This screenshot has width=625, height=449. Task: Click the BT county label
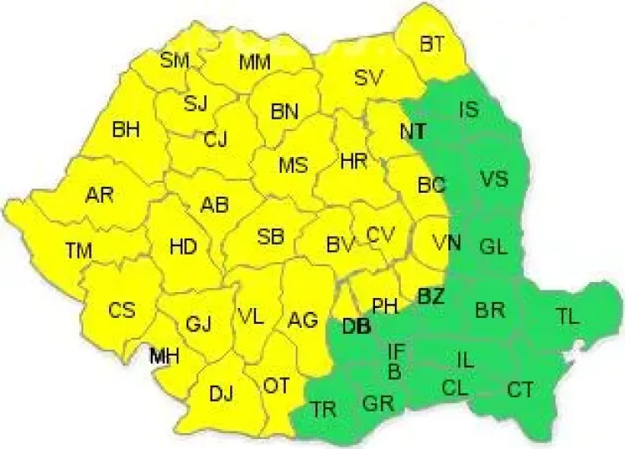point(432,45)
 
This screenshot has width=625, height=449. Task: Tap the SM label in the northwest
point(175,59)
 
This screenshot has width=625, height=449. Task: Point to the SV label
point(367,78)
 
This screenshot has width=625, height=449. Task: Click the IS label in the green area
point(469,109)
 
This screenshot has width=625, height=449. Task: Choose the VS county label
point(493,179)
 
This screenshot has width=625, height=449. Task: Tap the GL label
point(492,246)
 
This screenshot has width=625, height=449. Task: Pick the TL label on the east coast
point(567,315)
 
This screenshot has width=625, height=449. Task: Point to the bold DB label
point(356,325)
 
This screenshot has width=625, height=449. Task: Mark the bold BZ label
point(431,295)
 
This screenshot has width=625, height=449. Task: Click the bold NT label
point(412,132)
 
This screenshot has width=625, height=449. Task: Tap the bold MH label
point(163,356)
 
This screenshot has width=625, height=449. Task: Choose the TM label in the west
point(80,249)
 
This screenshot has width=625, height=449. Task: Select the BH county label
point(126,129)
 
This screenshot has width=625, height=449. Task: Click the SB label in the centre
point(270,237)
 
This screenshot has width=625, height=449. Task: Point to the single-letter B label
point(394,370)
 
